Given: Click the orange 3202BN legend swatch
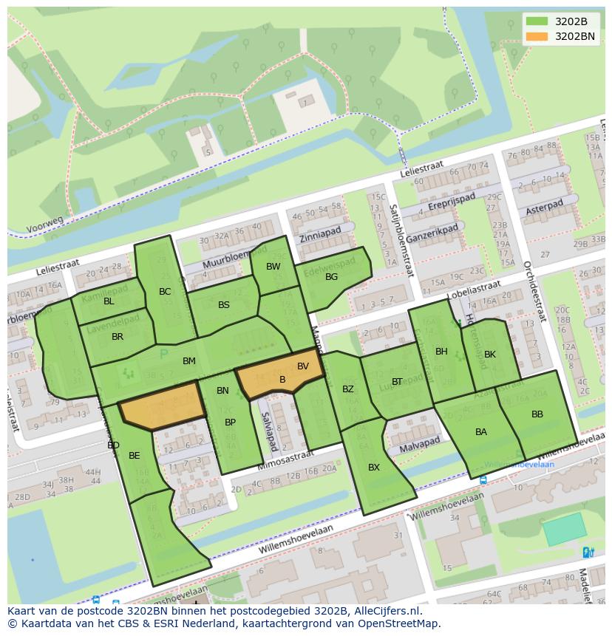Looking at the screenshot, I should [538, 36].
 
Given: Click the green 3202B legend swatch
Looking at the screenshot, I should [538, 21].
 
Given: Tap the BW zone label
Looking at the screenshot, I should [273, 267].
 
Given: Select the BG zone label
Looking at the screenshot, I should [331, 277].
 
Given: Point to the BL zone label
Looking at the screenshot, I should [109, 301].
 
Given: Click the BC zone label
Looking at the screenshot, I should [165, 292].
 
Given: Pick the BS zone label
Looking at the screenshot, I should [224, 305].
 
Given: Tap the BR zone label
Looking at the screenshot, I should [118, 337].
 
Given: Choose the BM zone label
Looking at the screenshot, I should [189, 361].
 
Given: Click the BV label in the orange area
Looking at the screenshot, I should [303, 366].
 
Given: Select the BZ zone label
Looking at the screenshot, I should [348, 389].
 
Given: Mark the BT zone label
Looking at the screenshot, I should [398, 382].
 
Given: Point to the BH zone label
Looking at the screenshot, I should [441, 352].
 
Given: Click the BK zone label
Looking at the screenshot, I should [489, 355].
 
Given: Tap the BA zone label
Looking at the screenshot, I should [481, 432].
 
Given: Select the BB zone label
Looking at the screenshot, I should [537, 414].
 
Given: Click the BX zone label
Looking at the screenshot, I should [374, 468].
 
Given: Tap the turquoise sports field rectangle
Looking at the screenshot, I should [565, 530].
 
